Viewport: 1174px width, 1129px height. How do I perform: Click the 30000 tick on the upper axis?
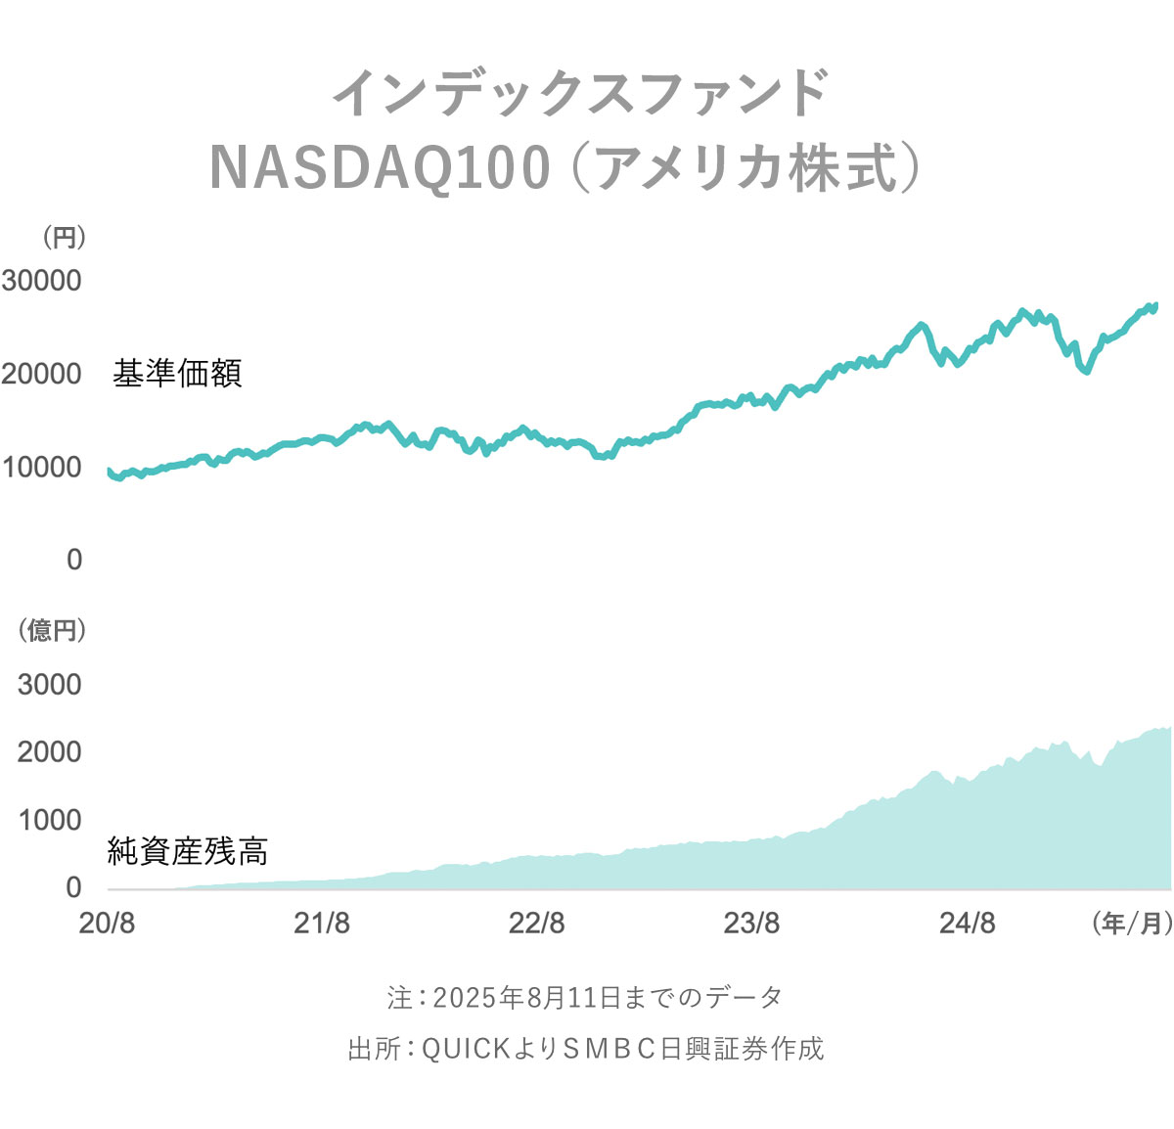41,281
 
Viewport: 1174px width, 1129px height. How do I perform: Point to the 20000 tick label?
41,374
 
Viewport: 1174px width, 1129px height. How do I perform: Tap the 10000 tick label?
41,467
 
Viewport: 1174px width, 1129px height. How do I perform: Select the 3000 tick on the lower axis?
49,685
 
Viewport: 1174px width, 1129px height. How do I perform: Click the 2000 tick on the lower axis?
49,752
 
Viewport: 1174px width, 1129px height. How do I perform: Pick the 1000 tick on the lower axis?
49,820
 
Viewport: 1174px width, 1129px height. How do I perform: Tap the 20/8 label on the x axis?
107,923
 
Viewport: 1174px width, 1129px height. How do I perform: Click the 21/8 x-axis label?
322,923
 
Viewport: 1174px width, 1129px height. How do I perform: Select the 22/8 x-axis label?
536,923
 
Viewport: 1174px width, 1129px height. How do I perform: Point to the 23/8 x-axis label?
751,923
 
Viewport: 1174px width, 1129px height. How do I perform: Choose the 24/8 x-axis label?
967,923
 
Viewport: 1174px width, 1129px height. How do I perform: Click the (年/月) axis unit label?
1131,923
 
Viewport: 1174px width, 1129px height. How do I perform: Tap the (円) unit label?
64,238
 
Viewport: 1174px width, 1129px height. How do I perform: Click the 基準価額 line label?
177,374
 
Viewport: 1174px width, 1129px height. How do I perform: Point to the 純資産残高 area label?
188,851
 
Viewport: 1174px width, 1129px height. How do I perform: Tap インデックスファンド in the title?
581,94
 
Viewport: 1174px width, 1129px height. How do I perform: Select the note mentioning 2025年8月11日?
585,997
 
